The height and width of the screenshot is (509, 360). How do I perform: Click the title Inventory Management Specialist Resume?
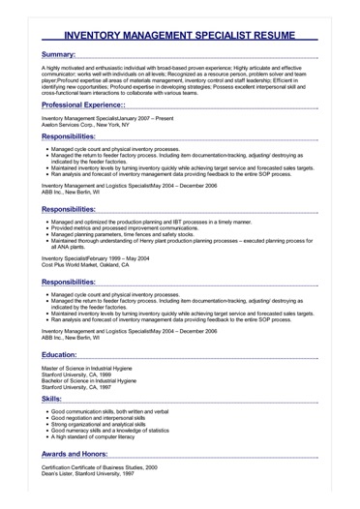click(179, 32)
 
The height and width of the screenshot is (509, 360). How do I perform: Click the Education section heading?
click(68, 355)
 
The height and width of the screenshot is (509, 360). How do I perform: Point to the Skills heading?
click(53, 399)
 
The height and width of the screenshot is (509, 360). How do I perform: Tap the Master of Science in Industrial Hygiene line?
click(96, 369)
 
